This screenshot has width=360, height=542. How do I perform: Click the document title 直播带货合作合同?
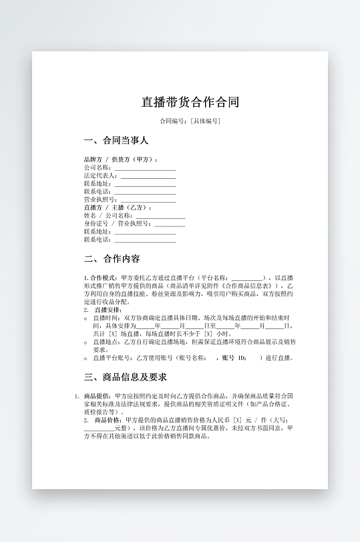[190, 102]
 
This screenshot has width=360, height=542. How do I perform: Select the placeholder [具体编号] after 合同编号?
[205, 121]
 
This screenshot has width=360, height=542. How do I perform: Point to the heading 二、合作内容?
[112, 259]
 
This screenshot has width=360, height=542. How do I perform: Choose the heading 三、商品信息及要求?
[126, 378]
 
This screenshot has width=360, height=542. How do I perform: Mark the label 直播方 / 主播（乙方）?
[118, 208]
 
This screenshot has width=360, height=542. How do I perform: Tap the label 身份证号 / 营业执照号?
[118, 224]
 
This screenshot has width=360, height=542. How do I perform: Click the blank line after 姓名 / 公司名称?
[160, 216]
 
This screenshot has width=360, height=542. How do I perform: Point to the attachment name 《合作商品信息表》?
[243, 286]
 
